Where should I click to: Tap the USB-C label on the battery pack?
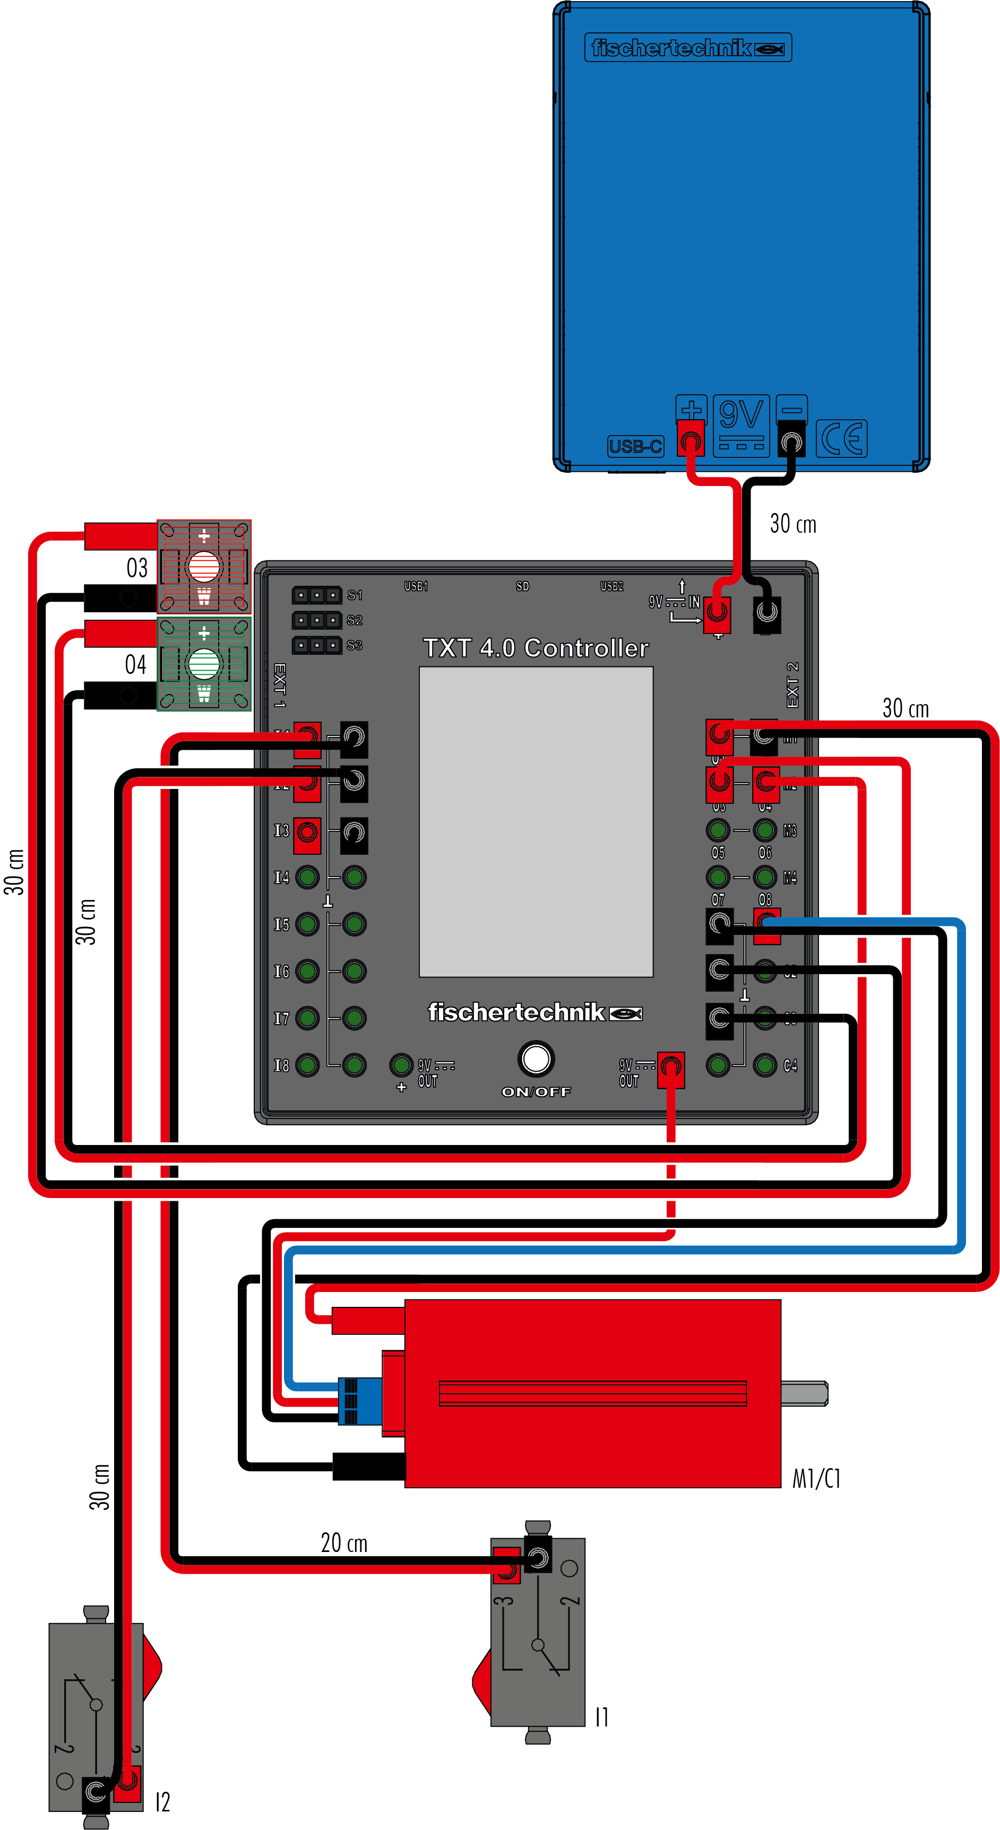click(635, 446)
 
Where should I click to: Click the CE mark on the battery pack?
click(841, 438)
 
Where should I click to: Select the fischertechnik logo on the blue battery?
click(687, 48)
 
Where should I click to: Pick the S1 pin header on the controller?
click(316, 595)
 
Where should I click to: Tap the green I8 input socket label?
click(281, 1065)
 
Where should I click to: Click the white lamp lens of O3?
click(203, 566)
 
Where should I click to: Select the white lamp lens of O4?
click(203, 664)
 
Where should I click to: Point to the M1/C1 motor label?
click(816, 1478)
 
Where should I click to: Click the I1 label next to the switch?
click(601, 1717)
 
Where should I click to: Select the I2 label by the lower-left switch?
click(162, 1801)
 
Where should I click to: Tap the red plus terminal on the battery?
click(689, 440)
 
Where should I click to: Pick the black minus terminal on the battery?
click(791, 440)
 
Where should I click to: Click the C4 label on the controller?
click(790, 1065)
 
